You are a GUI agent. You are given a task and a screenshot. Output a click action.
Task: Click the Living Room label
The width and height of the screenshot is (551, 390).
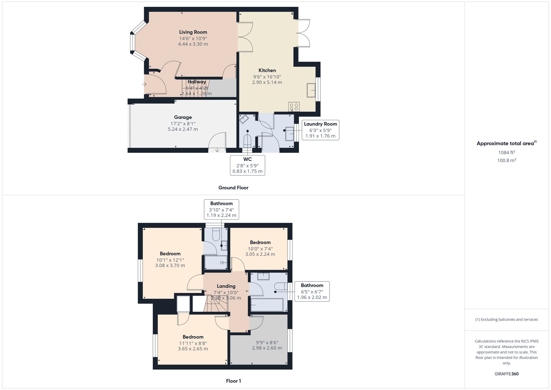[193, 32]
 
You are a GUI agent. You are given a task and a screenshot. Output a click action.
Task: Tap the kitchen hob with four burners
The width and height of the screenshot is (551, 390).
[294, 107]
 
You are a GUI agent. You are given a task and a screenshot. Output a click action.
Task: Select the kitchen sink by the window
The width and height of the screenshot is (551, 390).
[311, 90]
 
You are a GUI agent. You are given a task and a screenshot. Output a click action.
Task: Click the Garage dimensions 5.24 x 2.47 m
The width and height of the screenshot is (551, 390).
[183, 129]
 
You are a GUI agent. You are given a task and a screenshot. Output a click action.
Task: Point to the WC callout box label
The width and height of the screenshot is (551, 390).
[247, 159]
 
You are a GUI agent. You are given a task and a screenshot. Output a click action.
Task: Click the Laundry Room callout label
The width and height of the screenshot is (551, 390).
[320, 124]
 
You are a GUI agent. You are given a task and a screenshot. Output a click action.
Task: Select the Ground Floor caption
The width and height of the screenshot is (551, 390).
[233, 188]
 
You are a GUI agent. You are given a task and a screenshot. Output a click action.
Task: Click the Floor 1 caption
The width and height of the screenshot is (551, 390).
[233, 381]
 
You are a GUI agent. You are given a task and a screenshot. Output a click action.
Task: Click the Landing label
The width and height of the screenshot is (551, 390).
[226, 286]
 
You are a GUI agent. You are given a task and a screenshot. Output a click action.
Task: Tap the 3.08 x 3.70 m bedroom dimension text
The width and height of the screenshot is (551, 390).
[170, 265]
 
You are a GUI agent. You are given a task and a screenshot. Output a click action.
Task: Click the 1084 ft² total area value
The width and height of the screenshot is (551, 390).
[506, 152]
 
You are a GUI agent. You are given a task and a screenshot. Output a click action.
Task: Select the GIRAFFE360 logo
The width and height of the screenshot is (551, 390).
[506, 374]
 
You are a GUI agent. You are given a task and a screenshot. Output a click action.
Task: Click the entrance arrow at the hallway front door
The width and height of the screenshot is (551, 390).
[144, 84]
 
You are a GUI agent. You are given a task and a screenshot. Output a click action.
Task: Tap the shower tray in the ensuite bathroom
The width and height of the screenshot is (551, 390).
[216, 262]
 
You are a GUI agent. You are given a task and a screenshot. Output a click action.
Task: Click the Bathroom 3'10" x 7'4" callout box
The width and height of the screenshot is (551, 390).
[221, 209]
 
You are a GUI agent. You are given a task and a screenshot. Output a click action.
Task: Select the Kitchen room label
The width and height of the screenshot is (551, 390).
[267, 71]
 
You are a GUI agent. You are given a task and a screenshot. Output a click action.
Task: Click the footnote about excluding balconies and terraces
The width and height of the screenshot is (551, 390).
[506, 319]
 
